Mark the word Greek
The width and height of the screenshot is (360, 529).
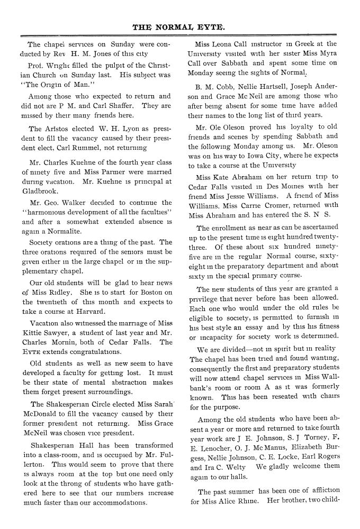click(x=299, y=44)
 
